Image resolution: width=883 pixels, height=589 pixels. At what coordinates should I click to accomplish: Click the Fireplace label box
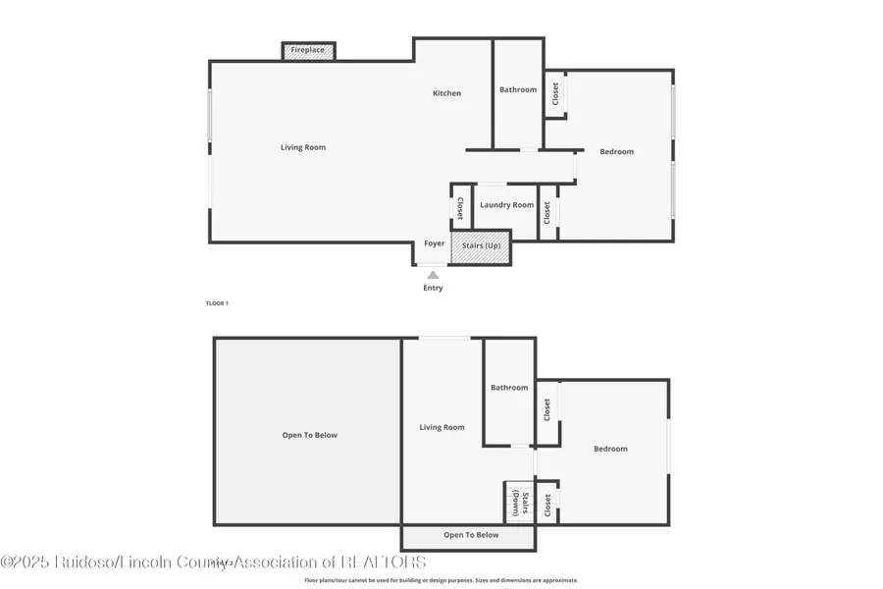309,50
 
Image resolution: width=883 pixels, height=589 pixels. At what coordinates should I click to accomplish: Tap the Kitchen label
447,93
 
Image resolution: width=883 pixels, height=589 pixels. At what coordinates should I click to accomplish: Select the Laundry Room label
507,205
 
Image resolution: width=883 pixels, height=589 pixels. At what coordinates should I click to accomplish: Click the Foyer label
434,243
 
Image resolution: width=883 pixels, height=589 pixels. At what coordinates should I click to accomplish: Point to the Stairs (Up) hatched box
481,245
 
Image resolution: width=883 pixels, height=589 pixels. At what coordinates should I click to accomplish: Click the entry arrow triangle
433,275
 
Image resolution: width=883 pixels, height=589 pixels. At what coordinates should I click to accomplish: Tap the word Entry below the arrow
433,289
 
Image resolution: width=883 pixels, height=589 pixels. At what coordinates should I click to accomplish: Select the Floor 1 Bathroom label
518,89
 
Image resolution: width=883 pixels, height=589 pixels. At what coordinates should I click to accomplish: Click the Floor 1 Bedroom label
617,151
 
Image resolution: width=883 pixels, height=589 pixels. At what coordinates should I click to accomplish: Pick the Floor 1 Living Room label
303,147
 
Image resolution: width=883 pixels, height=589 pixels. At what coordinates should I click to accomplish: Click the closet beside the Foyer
460,207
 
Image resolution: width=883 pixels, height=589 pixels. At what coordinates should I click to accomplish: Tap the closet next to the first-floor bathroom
555,94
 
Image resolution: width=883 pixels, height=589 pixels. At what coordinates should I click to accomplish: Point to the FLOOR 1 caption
217,303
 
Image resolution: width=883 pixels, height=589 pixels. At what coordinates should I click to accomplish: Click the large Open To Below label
310,435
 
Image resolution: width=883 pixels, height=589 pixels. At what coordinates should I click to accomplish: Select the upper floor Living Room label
441,427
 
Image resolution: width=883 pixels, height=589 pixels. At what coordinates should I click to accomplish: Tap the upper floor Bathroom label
509,388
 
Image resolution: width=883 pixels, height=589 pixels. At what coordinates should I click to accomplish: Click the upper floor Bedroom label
610,449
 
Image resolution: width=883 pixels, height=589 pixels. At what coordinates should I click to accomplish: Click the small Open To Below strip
470,536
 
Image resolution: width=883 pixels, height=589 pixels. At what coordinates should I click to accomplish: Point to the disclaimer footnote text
441,580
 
